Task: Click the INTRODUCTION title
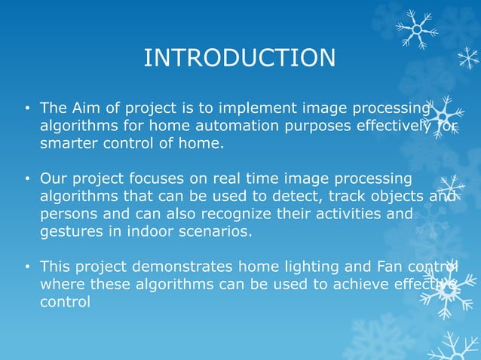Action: tap(240, 58)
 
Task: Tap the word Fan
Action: tap(381, 267)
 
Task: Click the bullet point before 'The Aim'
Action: tap(26, 108)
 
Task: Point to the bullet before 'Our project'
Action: tap(26, 180)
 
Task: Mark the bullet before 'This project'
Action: tap(26, 267)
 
